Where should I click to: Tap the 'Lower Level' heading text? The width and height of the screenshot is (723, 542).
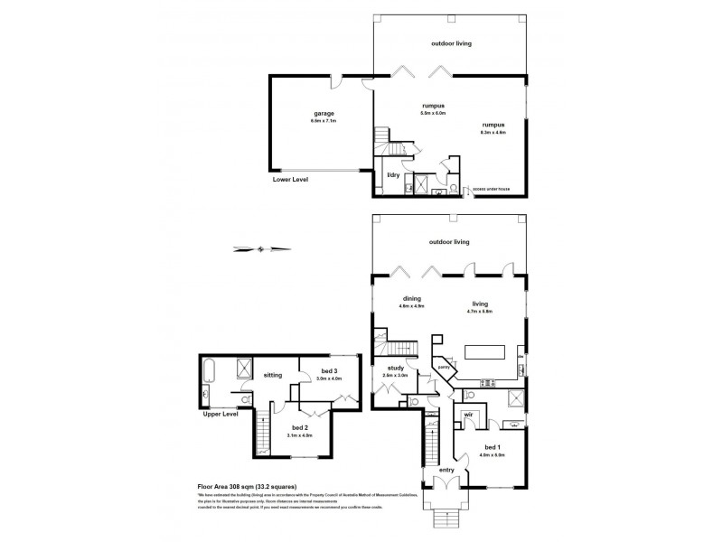point(290,180)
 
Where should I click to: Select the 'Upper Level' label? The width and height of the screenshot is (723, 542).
point(221,414)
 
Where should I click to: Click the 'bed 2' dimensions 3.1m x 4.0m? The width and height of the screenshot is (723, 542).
point(299,435)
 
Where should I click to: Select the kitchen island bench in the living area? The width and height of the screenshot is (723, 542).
point(484,351)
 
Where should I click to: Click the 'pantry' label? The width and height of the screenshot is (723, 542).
point(444,368)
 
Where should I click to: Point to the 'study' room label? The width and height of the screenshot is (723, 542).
point(395,368)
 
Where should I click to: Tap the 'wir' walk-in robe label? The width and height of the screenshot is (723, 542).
point(469,415)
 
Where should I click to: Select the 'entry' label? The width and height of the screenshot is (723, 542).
point(446,470)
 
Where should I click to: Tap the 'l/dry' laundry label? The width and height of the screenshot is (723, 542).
point(394,173)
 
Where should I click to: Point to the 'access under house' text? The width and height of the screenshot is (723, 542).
point(489,190)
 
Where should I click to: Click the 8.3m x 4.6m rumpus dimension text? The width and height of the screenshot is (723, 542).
point(493,133)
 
